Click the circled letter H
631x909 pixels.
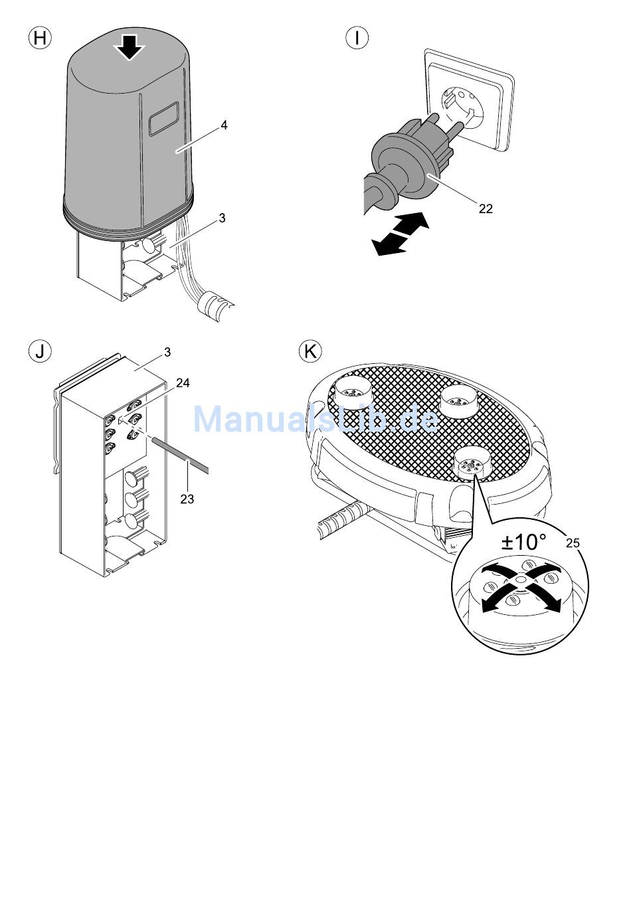41,38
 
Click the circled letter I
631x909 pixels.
357,38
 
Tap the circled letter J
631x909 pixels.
41,351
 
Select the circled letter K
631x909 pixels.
310,351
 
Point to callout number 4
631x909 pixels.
224,125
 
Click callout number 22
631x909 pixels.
486,208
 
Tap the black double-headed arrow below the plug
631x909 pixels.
401,234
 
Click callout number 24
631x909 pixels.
183,382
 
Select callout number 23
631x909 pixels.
187,499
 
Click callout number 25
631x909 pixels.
573,543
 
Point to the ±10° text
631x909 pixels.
524,542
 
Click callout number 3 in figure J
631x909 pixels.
167,352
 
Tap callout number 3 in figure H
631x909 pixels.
222,218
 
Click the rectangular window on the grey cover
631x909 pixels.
164,118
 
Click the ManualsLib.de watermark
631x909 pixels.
316,419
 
